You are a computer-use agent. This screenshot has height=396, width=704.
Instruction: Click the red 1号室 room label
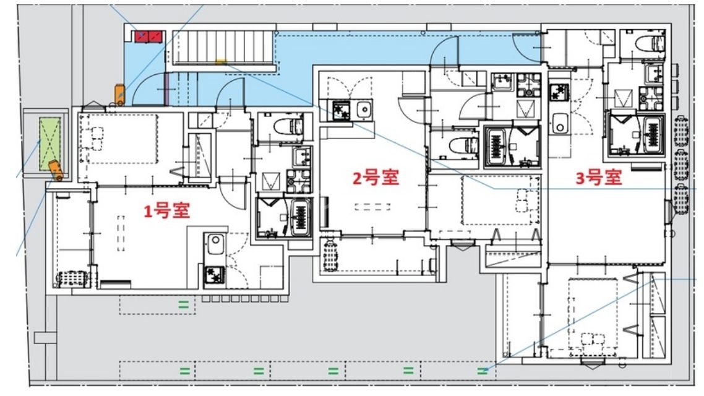pos(166,211)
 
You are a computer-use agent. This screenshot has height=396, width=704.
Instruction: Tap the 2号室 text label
pos(376,178)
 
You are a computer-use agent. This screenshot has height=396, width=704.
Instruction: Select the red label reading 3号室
pos(598,178)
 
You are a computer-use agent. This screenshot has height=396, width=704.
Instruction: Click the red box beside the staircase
pos(148,36)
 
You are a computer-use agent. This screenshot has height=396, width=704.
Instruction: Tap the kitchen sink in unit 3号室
pos(560,123)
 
